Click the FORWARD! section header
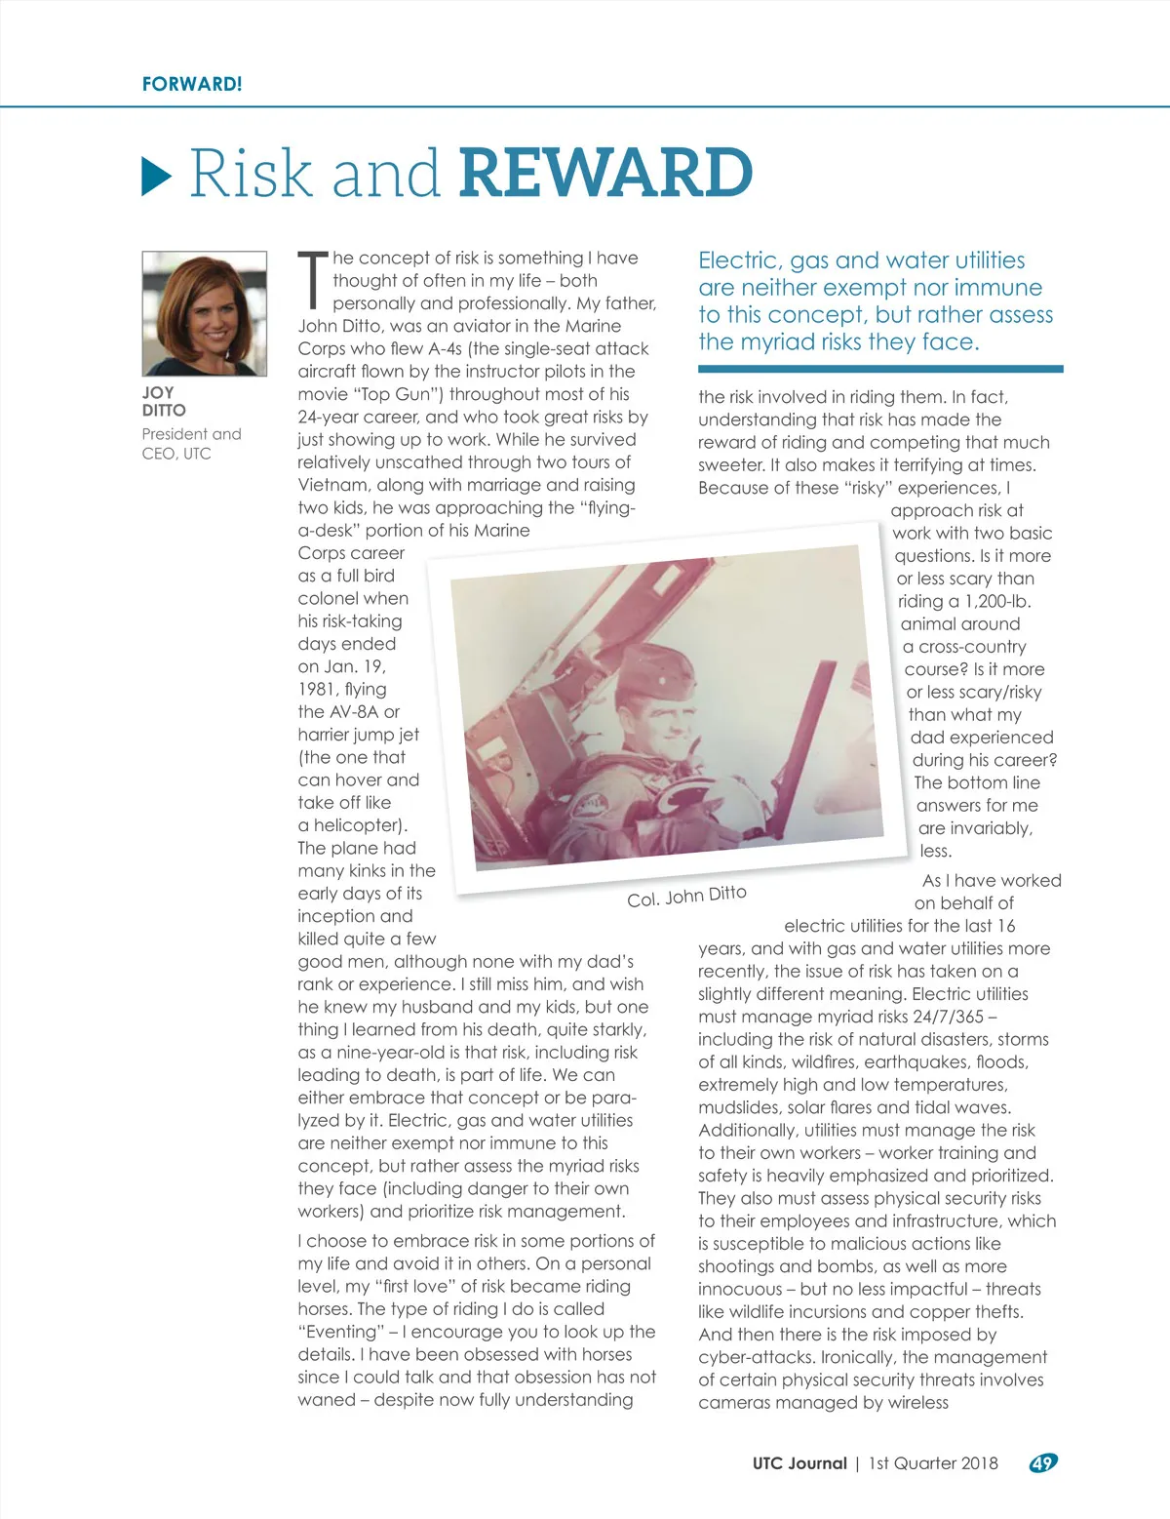click(x=192, y=84)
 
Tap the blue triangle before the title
click(x=157, y=175)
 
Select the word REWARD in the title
click(x=604, y=173)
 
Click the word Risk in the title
click(x=250, y=173)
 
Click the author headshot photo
click(x=205, y=313)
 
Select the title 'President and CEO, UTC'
click(x=191, y=443)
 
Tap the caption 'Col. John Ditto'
click(x=686, y=896)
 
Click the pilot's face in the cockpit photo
click(x=665, y=718)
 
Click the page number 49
click(x=1042, y=1462)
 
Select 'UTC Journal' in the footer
click(x=799, y=1462)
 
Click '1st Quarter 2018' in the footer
click(x=933, y=1462)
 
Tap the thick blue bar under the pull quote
click(x=880, y=369)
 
